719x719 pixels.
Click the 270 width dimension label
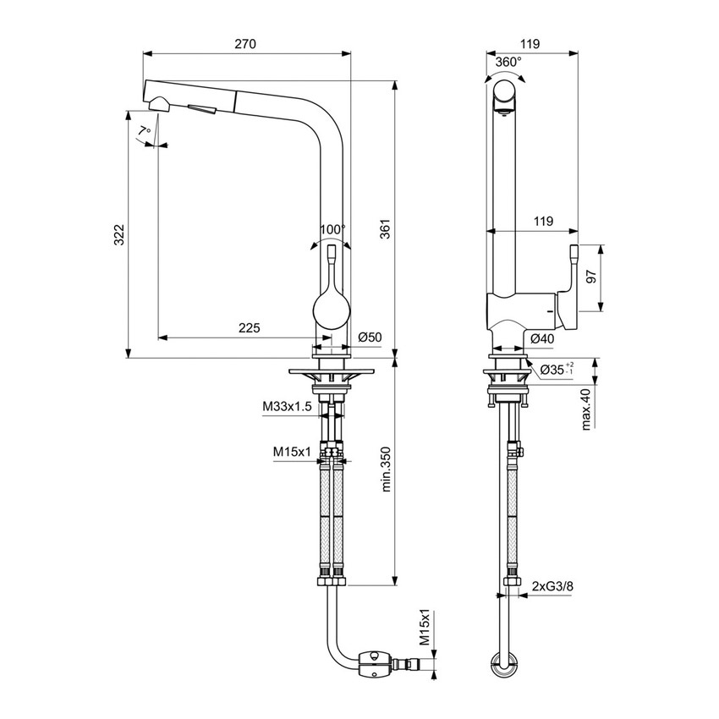pos(245,43)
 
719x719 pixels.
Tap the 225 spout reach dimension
pos(248,328)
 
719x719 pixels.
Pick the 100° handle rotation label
pos(332,230)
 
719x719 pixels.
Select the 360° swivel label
pos(508,62)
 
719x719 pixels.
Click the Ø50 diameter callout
pos(370,338)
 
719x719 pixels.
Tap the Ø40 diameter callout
pos(542,338)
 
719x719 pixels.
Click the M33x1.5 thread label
pos(287,408)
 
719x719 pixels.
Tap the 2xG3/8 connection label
pos(550,585)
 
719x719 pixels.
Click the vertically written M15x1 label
pos(425,628)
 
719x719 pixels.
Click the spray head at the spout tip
pos(158,104)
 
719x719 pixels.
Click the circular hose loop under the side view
pos(506,664)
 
